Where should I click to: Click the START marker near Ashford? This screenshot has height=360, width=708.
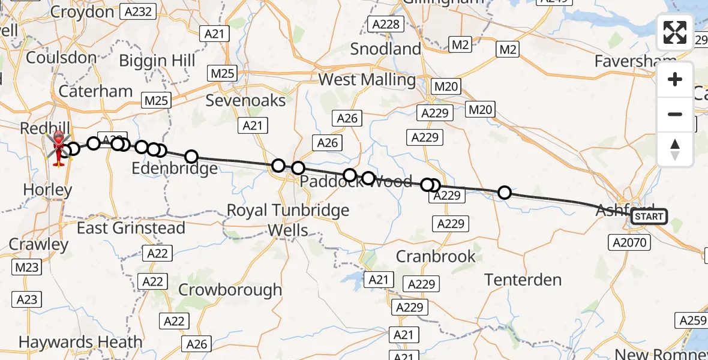click(649, 217)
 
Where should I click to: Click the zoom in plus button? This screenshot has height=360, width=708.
click(675, 80)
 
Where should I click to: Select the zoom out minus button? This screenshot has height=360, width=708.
click(675, 114)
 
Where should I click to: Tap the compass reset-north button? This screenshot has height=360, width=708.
click(675, 149)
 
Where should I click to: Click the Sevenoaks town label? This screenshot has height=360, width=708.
click(246, 100)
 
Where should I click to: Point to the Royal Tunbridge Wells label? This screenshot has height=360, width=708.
click(288, 220)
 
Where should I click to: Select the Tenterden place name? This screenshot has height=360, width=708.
click(523, 280)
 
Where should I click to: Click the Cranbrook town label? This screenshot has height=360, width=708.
click(436, 256)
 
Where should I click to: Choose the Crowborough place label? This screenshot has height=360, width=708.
click(230, 290)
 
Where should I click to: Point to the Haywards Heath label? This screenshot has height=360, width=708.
click(80, 342)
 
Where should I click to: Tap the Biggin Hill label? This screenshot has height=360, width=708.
click(157, 61)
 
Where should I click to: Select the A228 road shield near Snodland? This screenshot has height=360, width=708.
click(385, 24)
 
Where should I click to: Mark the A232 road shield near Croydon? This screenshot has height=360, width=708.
click(139, 11)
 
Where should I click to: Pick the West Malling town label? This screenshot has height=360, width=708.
click(367, 80)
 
